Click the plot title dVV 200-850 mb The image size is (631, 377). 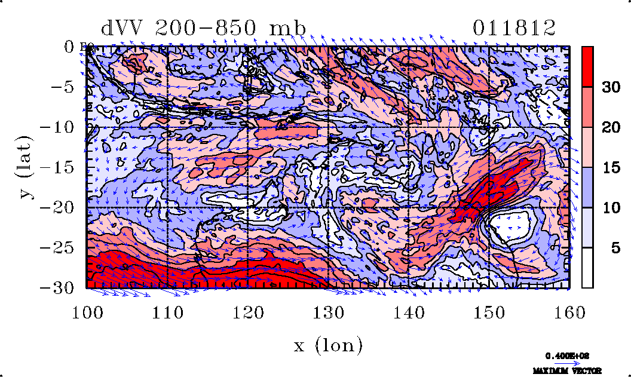pyautogui.click(x=203, y=28)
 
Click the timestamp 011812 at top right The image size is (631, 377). pyautogui.click(x=514, y=28)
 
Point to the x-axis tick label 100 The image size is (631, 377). pyautogui.click(x=87, y=312)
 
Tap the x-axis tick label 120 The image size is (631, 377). pyautogui.click(x=247, y=312)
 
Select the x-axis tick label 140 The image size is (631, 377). pyautogui.click(x=408, y=312)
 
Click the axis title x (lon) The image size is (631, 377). pyautogui.click(x=328, y=345)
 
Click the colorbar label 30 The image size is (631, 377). pyautogui.click(x=610, y=87)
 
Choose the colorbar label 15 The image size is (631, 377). pyautogui.click(x=610, y=168)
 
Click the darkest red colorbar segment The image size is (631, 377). pyautogui.click(x=587, y=66)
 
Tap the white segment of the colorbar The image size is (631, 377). pyautogui.click(x=587, y=268)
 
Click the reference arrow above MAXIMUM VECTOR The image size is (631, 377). pyautogui.click(x=564, y=363)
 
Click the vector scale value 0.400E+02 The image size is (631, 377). pyautogui.click(x=564, y=355)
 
